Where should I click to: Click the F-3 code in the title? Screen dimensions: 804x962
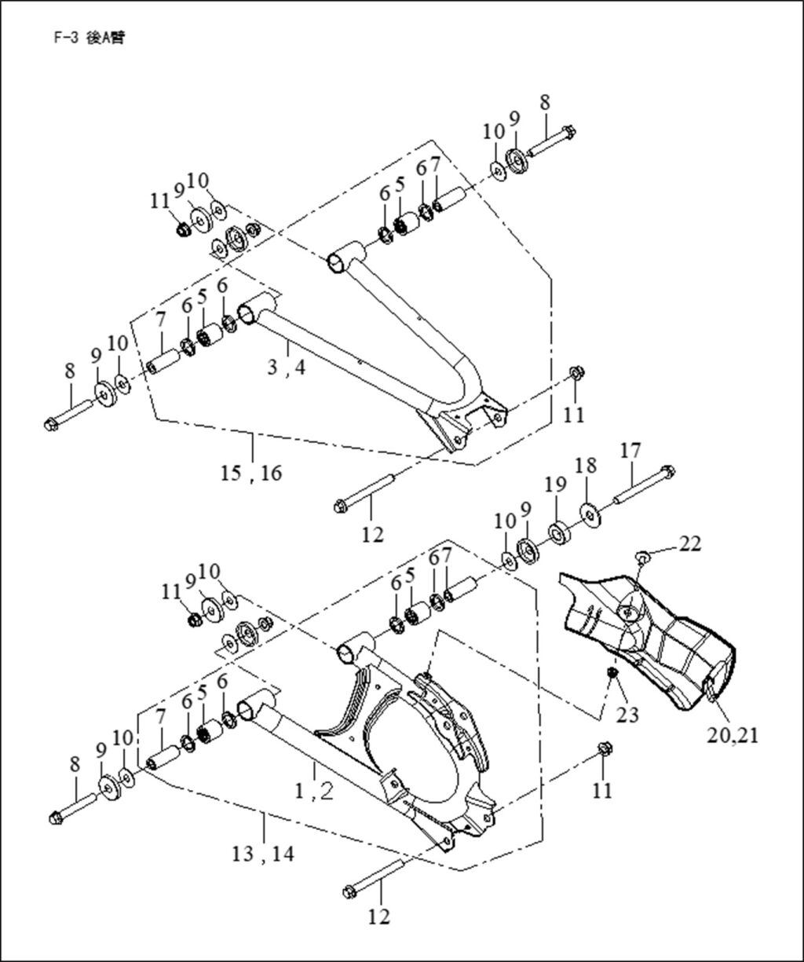[x=68, y=38]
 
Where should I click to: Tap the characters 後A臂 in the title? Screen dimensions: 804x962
[x=104, y=38]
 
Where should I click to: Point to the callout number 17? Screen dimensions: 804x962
[x=630, y=450]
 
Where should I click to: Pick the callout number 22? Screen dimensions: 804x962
[x=689, y=543]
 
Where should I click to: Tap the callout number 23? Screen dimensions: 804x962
[x=627, y=715]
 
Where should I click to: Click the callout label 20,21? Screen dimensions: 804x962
[x=733, y=736]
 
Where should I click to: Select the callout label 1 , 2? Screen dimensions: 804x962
[x=313, y=792]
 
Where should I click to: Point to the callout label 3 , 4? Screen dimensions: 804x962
[x=286, y=368]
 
